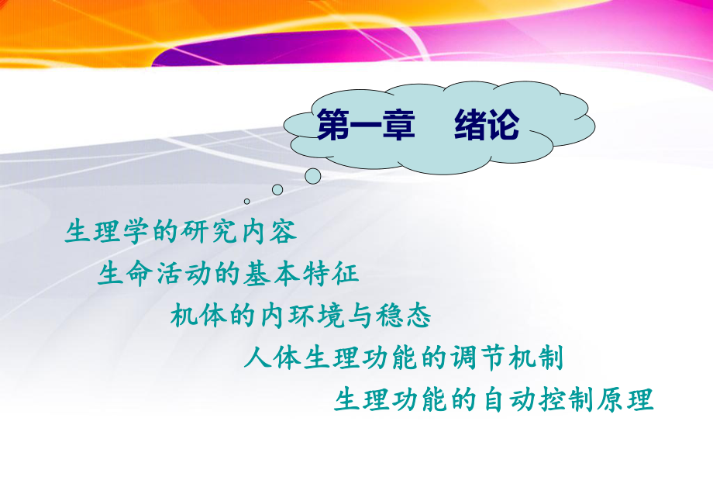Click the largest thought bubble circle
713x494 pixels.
coord(312,176)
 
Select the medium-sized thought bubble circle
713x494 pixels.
coord(277,189)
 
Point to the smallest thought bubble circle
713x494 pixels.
coord(247,201)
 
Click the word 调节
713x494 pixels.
coord(473,359)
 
